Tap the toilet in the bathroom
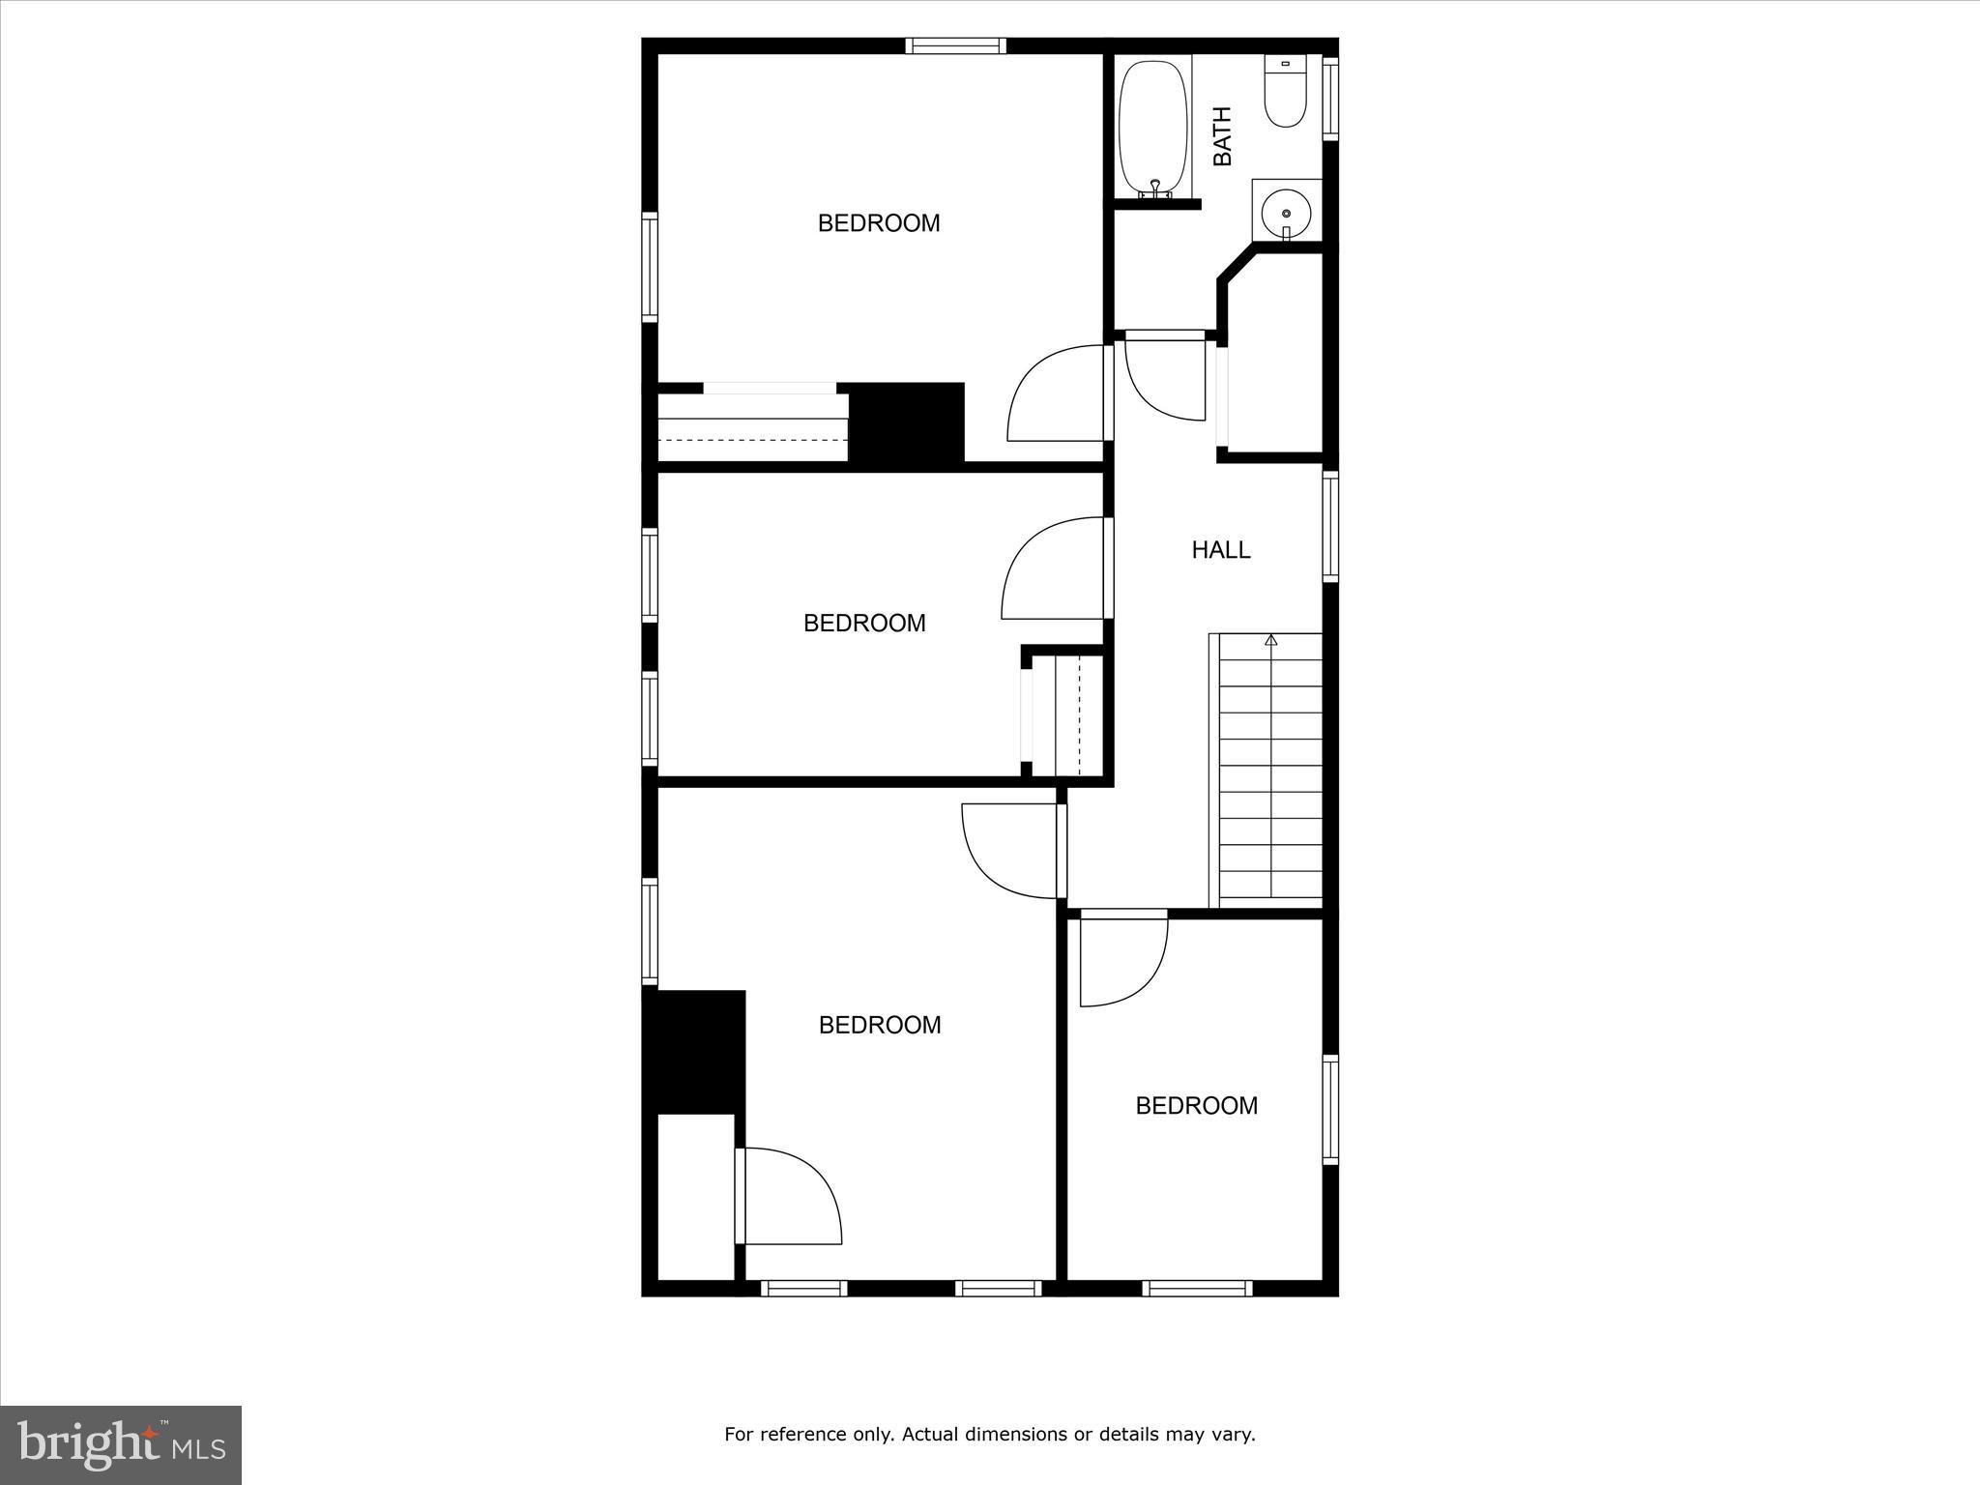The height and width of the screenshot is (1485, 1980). (x=1286, y=95)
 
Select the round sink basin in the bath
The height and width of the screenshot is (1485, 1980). (x=1286, y=213)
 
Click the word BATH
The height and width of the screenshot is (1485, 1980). (x=1222, y=136)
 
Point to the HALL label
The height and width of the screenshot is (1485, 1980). (x=1221, y=550)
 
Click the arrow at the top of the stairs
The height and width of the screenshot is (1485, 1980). (x=1270, y=640)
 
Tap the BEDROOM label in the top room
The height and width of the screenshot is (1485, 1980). (x=879, y=223)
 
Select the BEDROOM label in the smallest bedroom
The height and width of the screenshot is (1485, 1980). (x=1196, y=1106)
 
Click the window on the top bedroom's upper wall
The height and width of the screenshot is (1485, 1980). (x=955, y=45)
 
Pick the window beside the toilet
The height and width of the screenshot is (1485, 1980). (x=1330, y=97)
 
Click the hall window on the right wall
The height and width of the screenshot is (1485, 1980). (x=1330, y=526)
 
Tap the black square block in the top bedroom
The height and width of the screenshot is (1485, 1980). (x=907, y=422)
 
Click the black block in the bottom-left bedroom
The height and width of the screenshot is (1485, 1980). (x=694, y=1051)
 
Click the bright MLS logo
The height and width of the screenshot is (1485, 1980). (x=121, y=1444)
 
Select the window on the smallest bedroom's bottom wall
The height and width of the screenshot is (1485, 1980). (x=1197, y=1288)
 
